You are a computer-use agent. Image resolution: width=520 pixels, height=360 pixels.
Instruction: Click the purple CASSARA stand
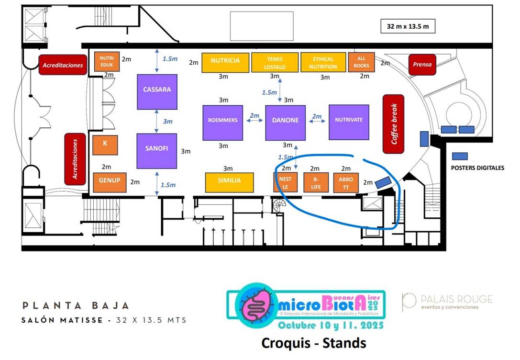coord(157,91)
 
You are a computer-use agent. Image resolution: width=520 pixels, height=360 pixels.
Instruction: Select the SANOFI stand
coord(156,151)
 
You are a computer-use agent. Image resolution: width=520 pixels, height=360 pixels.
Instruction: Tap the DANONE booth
coord(285,123)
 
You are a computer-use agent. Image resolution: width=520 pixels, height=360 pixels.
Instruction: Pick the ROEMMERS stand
coord(222,123)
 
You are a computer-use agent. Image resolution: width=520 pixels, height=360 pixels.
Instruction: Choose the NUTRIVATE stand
coord(349,122)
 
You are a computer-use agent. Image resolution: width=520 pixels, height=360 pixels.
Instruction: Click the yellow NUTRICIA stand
coord(225,62)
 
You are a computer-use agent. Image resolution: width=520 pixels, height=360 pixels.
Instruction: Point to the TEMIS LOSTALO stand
coord(274,63)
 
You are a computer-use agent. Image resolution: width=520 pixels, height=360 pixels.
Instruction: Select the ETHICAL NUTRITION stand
coord(323,63)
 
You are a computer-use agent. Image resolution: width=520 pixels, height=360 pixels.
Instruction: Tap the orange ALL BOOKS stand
coord(361,62)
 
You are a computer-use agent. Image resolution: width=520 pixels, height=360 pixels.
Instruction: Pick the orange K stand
coord(105,145)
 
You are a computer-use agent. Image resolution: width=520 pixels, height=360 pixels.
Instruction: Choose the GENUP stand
coord(109,182)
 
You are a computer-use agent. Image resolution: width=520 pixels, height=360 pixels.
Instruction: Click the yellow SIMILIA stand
coord(229,182)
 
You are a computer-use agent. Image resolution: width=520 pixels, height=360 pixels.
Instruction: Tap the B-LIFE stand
coord(316,182)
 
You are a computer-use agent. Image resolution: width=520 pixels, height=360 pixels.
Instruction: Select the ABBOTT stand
coord(345,182)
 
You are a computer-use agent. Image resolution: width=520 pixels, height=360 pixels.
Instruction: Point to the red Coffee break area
coord(394,124)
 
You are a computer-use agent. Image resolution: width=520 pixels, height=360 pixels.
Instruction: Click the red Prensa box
coord(422,65)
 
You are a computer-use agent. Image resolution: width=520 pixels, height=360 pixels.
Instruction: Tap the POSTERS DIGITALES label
coord(477,168)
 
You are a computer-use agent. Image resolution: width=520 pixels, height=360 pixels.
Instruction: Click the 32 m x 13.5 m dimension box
coord(408,27)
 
